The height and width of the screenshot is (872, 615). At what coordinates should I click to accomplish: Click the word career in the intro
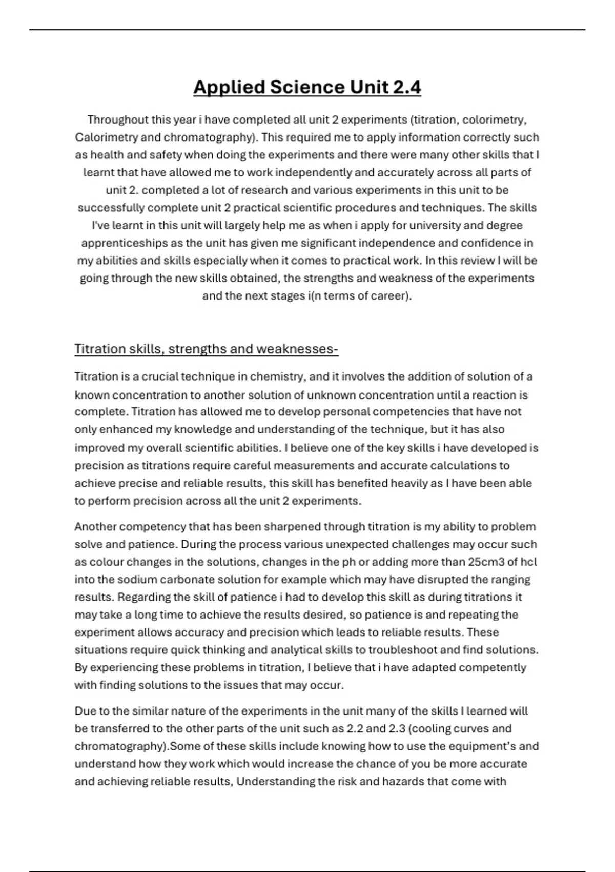[x=388, y=296]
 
